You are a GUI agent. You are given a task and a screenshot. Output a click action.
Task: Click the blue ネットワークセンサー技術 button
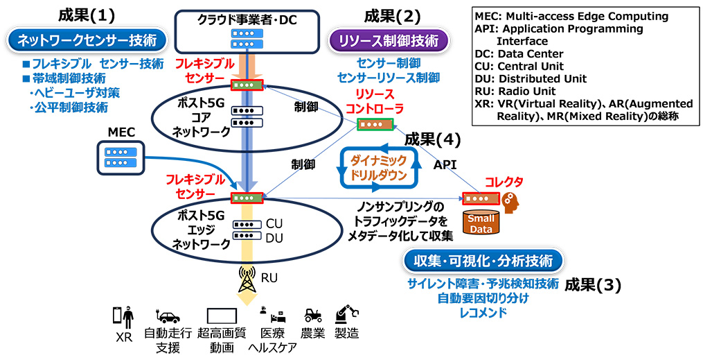(87, 42)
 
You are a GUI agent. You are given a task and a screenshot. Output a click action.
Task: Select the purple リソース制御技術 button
(389, 42)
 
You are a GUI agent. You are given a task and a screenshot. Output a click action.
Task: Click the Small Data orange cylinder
(480, 223)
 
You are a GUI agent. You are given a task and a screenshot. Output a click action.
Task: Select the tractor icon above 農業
(313, 316)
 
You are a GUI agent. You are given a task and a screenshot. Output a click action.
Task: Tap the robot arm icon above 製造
(346, 314)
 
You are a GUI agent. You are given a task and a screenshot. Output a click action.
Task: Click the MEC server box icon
(120, 157)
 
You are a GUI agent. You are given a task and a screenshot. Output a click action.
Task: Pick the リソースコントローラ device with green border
(375, 124)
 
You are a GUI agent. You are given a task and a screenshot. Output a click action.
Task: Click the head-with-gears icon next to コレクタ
(511, 200)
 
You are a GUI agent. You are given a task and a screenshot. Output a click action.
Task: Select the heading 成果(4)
(432, 139)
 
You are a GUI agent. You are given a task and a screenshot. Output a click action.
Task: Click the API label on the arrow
(445, 165)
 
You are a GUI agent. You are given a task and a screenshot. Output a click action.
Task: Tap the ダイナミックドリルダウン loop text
(378, 167)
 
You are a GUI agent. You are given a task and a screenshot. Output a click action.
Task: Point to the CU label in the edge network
(274, 224)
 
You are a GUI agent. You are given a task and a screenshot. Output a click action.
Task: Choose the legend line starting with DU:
(531, 78)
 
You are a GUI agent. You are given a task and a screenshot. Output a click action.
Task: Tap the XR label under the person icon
(123, 336)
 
